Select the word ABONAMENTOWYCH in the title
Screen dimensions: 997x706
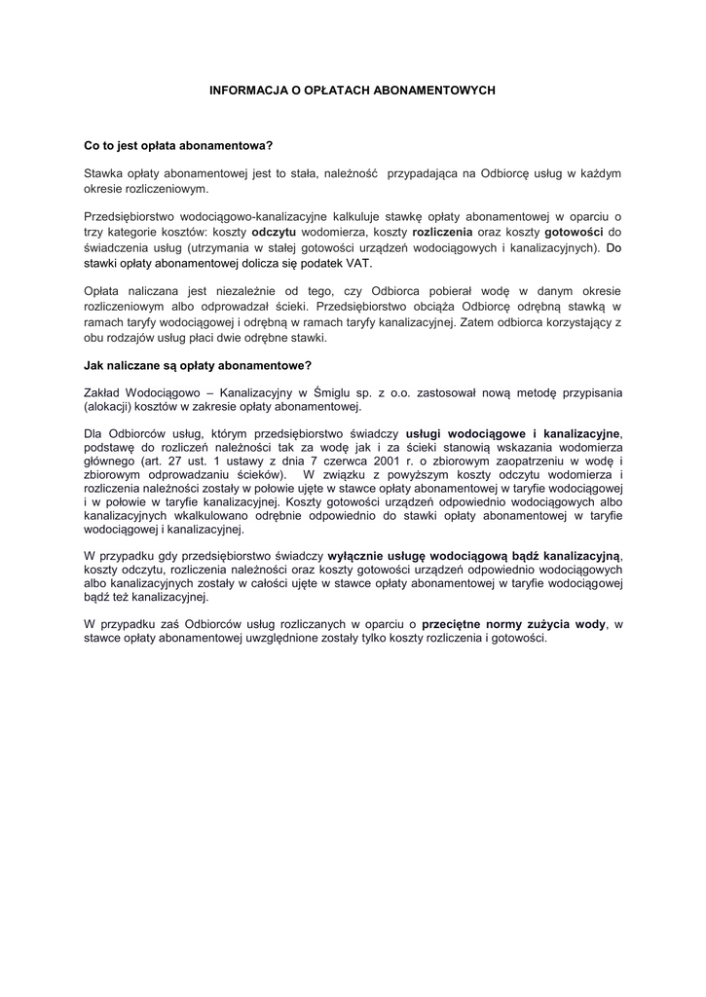click(x=444, y=90)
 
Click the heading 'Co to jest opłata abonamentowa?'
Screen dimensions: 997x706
click(x=179, y=146)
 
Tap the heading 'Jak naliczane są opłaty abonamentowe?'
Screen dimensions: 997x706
click(x=198, y=365)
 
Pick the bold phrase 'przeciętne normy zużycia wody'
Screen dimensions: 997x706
click(x=513, y=623)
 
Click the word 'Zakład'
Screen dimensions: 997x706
click(x=103, y=392)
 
